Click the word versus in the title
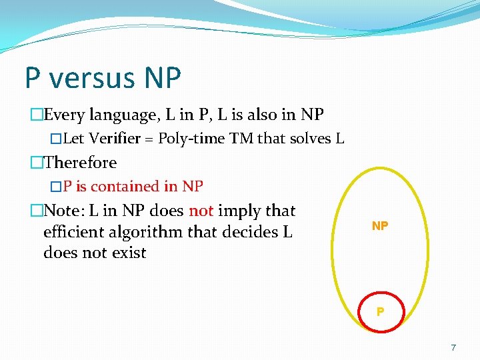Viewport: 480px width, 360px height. [91, 78]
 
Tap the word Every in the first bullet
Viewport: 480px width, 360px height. [64, 115]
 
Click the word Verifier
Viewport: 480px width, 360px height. [116, 139]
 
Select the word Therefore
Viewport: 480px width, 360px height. [79, 162]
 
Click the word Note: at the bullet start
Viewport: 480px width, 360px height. [65, 211]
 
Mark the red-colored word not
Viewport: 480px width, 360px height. [201, 211]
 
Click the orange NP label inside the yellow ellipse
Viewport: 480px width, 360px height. [380, 226]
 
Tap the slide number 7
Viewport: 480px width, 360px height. [453, 347]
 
